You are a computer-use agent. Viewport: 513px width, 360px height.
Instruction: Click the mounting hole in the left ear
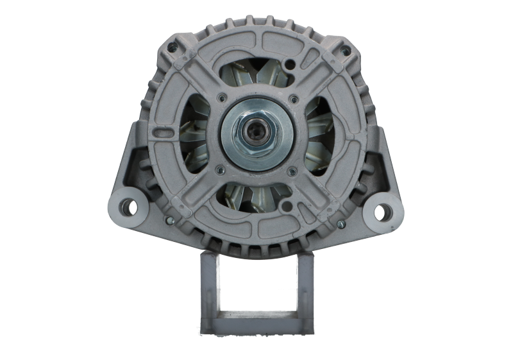click(130, 207)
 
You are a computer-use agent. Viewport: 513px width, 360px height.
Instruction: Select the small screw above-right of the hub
click(293, 99)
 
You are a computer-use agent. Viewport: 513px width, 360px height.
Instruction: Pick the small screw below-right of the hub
click(293, 171)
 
